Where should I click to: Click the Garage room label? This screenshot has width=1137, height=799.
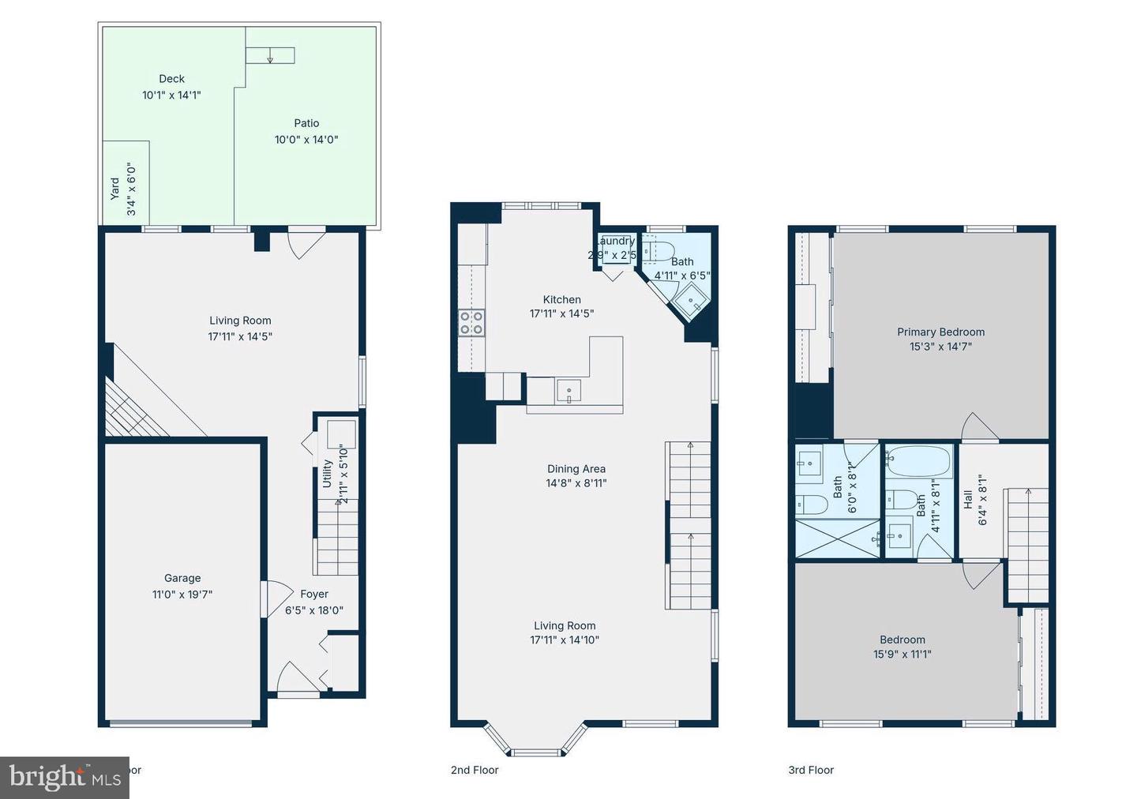pyautogui.click(x=182, y=578)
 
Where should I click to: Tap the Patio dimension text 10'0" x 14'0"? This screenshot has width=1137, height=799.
pyautogui.click(x=306, y=140)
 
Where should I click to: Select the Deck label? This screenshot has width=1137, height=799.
pyautogui.click(x=171, y=78)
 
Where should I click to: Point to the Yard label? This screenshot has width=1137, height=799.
pyautogui.click(x=115, y=188)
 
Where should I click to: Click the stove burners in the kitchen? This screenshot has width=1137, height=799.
pyautogui.click(x=472, y=323)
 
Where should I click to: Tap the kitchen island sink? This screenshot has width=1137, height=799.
pyautogui.click(x=568, y=392)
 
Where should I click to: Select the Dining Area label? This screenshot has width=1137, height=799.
pyautogui.click(x=576, y=468)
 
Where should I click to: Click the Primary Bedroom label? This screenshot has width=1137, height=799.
pyautogui.click(x=940, y=332)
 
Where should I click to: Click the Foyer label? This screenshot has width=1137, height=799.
pyautogui.click(x=314, y=594)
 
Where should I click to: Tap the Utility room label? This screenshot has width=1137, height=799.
pyautogui.click(x=327, y=474)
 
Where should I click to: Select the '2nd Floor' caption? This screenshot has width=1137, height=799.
pyautogui.click(x=475, y=770)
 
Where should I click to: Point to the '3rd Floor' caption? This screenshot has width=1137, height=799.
pyautogui.click(x=811, y=770)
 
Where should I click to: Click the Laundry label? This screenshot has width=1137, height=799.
pyautogui.click(x=616, y=241)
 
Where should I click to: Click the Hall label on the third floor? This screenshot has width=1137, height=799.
pyautogui.click(x=968, y=499)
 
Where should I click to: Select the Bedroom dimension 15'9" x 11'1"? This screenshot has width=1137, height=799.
pyautogui.click(x=902, y=654)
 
